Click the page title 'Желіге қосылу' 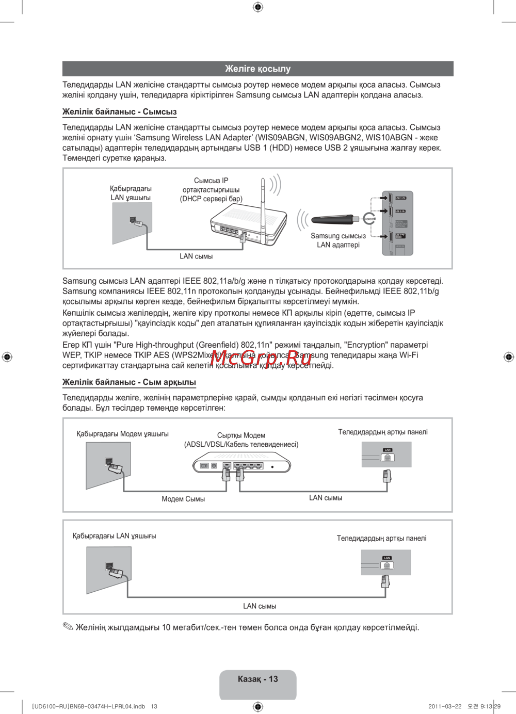[257, 69]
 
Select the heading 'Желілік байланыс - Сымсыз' [119, 111]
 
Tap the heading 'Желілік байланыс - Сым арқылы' [129, 382]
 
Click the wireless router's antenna [263, 204]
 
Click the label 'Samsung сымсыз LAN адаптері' [338, 240]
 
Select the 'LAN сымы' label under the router [196, 256]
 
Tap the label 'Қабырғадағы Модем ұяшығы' [122, 434]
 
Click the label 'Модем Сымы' [183, 499]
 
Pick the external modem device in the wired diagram [241, 466]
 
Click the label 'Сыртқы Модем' [241, 435]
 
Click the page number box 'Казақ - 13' [257, 679]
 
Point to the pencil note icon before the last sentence [68, 627]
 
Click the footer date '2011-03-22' [445, 706]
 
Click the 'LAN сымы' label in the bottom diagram [260, 606]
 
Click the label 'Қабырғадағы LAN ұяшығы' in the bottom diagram [115, 536]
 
